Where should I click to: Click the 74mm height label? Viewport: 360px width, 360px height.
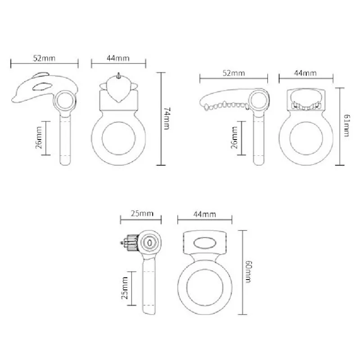click(166, 118)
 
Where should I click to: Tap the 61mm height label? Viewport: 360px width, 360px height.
click(346, 126)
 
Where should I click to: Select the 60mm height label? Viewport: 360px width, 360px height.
click(249, 272)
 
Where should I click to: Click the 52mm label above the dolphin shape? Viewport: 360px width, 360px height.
click(44, 58)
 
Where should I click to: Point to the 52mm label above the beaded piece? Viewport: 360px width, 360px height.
click(234, 73)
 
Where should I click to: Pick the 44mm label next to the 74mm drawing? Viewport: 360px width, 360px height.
click(118, 58)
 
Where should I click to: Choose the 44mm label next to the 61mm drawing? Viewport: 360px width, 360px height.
click(306, 73)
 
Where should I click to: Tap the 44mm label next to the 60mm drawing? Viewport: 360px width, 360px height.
click(205, 214)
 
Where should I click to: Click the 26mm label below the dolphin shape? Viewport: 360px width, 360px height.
click(39, 138)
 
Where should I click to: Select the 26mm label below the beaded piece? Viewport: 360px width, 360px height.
click(234, 138)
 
